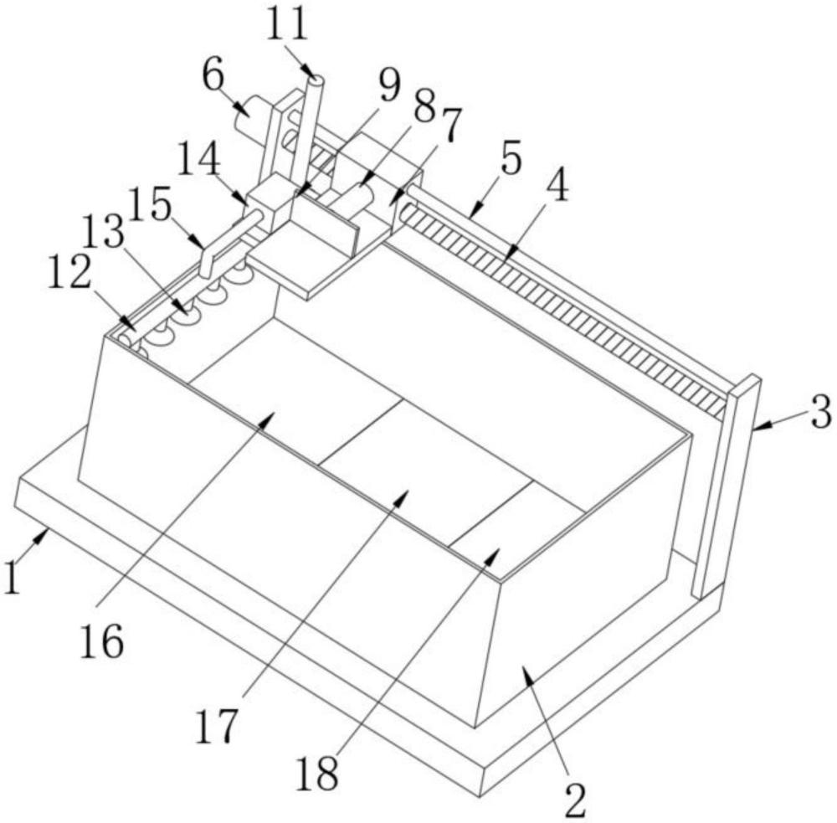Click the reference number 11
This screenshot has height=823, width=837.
pyautogui.click(x=288, y=24)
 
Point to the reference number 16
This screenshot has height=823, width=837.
pyautogui.click(x=103, y=641)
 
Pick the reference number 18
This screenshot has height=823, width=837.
pyautogui.click(x=316, y=774)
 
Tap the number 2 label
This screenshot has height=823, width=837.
pyautogui.click(x=575, y=800)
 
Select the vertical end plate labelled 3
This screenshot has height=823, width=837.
pyautogui.click(x=724, y=486)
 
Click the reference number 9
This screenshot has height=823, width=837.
pyautogui.click(x=388, y=84)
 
